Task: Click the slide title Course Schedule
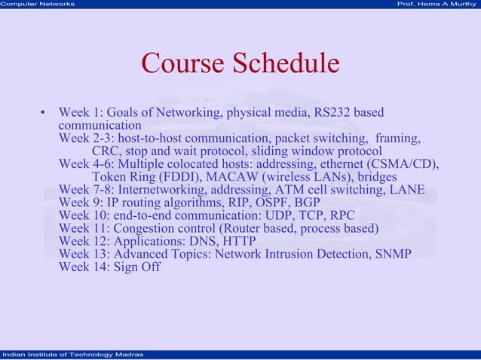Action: pos(240,64)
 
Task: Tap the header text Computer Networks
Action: pos(38,5)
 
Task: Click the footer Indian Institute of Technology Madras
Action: pos(72,354)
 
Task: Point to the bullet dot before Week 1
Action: pos(43,114)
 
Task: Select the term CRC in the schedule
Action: pos(105,151)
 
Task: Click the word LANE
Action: pos(407,190)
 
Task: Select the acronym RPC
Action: pos(342,215)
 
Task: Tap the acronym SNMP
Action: pos(392,254)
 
